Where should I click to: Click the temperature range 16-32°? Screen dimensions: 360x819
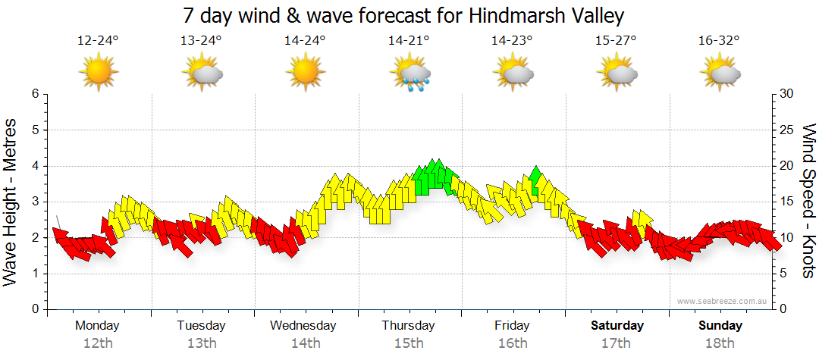719,41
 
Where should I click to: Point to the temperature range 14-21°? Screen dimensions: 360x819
409,41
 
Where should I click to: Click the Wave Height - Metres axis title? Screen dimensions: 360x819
11,202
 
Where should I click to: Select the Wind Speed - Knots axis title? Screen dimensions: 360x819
808,202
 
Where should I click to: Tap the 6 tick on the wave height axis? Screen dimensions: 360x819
34,94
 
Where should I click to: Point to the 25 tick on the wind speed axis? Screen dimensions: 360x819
786,130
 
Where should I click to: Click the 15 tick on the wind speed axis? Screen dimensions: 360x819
786,202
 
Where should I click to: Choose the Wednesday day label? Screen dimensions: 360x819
303,326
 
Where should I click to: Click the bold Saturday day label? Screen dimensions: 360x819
617,326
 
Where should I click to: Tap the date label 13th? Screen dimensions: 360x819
202,343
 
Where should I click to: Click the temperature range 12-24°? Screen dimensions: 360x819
98,41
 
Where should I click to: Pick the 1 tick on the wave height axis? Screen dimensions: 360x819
34,274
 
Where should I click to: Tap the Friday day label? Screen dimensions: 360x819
513,326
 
